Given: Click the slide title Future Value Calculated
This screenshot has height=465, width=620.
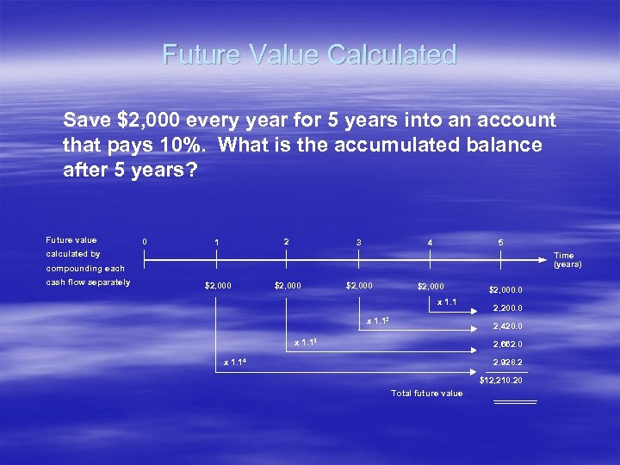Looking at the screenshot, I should (309, 55).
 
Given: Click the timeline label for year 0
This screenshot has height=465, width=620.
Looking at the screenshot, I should (144, 242).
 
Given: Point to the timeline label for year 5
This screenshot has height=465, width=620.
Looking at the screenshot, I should (501, 243).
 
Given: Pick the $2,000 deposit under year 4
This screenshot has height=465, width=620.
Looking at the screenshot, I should (430, 287).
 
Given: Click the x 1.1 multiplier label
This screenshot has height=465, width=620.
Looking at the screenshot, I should (447, 301).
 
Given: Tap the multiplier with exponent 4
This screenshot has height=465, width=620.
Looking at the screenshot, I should (232, 362).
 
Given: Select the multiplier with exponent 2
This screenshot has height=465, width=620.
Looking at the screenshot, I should (379, 321).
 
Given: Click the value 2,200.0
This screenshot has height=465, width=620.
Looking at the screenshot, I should (507, 308).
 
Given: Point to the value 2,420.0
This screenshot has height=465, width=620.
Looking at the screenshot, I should (507, 326).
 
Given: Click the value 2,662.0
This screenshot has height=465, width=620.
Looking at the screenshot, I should (507, 344).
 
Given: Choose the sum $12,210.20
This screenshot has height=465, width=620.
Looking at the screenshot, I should (501, 380).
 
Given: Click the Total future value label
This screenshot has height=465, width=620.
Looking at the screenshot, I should (426, 394).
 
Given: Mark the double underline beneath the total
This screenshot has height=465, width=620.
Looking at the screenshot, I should (515, 401).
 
